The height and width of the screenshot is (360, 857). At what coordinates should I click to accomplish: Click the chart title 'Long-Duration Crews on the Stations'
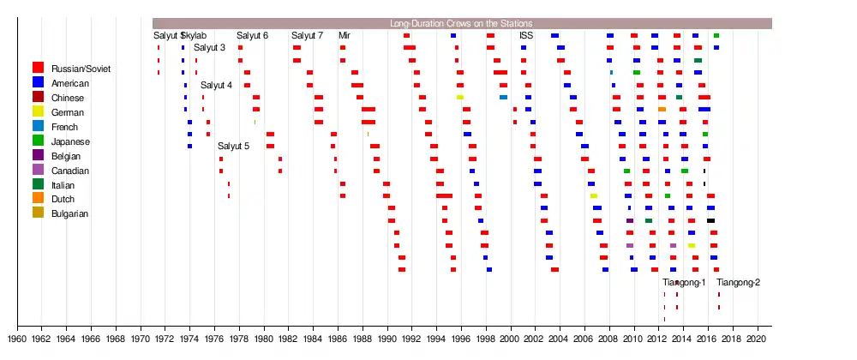(461, 23)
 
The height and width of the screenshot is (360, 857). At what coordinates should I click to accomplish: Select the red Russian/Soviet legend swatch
(38, 68)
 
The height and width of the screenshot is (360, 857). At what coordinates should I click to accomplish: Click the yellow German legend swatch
(38, 112)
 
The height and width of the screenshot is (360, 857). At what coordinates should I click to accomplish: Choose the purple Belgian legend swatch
(38, 156)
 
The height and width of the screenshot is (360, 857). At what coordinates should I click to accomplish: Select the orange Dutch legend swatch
(38, 200)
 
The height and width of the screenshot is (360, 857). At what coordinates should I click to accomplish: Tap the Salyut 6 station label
(252, 36)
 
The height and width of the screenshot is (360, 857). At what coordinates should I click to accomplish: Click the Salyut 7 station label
(307, 36)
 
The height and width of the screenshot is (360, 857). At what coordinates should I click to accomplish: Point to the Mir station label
(344, 36)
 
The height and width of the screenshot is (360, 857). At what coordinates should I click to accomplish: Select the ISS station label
(525, 36)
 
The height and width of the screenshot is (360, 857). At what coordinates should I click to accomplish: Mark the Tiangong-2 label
(738, 283)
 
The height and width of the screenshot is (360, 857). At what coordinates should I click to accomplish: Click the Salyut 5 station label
(233, 147)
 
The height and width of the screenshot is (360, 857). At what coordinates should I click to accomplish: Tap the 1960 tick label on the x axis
(16, 339)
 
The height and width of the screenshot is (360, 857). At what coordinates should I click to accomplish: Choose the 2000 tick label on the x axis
(510, 339)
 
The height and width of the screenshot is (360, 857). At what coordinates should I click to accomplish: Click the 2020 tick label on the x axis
(756, 339)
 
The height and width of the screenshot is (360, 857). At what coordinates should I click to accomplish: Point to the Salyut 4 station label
(216, 86)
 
